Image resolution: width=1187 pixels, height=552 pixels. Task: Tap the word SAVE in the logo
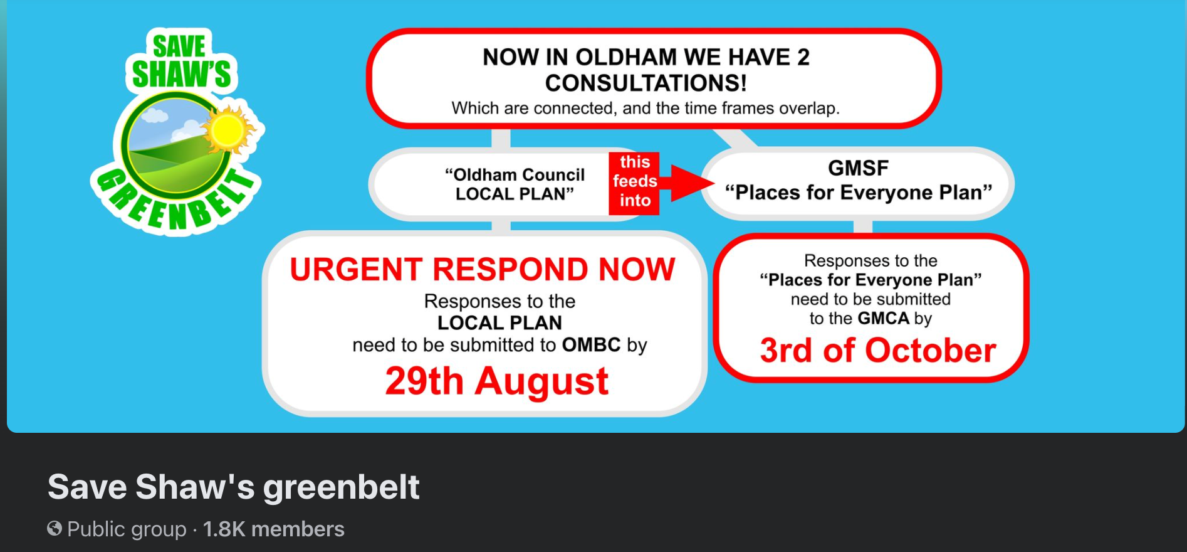point(179,46)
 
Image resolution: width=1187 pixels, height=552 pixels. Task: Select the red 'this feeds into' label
point(634,183)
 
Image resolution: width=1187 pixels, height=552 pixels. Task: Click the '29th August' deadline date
point(497,381)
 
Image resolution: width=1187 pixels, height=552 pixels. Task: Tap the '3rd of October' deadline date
point(878,350)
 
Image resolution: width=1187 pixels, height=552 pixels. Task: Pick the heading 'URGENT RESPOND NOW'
point(483,270)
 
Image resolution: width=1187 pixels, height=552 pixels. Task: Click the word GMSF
point(858,168)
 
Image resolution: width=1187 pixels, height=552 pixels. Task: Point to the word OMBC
point(591,345)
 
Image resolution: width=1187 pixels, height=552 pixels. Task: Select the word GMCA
point(884,319)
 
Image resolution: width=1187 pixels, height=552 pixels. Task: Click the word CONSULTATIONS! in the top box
point(646,83)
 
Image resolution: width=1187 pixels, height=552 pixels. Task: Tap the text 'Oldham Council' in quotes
point(515,175)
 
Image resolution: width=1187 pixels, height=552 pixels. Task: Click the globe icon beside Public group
point(55,529)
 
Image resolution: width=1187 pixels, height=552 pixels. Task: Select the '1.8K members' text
point(274,529)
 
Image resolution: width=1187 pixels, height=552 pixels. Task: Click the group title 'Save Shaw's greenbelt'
point(233,487)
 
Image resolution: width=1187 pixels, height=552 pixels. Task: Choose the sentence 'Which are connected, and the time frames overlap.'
point(646,109)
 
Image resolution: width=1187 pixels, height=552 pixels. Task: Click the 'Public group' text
point(127,529)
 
